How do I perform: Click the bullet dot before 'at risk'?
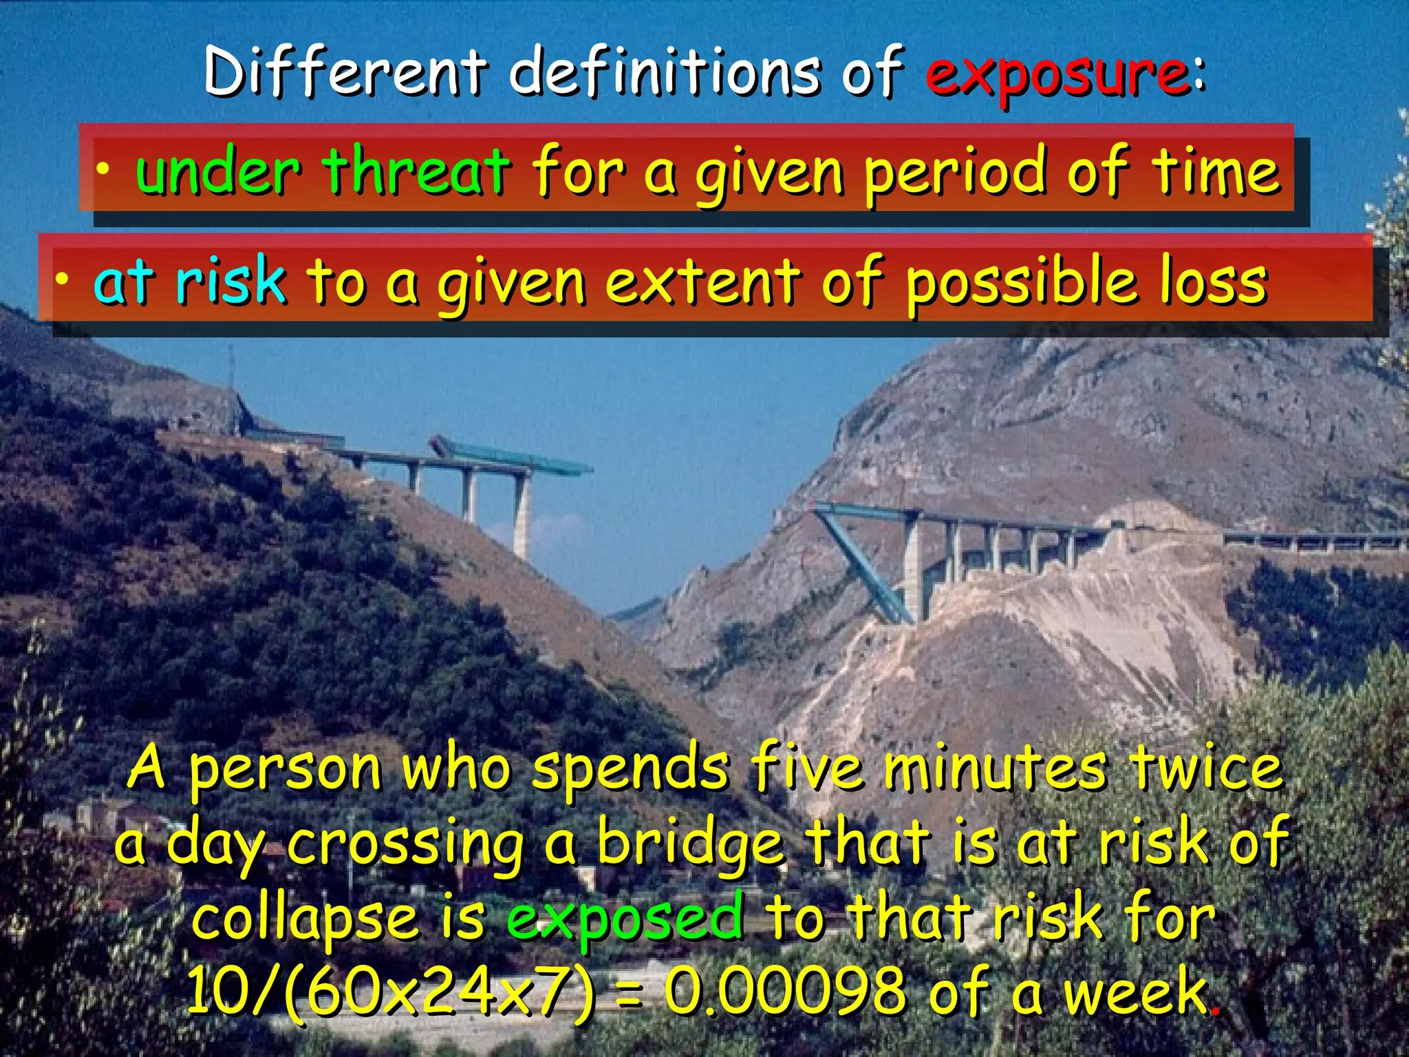click(x=63, y=279)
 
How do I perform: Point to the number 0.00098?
click(x=785, y=992)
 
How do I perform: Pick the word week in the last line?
click(x=1136, y=992)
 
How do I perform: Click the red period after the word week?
click(x=1216, y=1010)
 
